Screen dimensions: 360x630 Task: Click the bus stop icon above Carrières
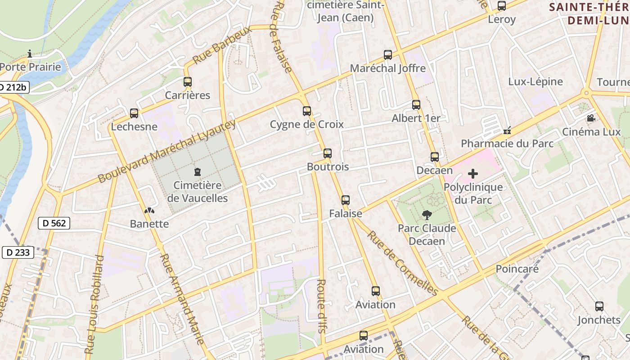click(188, 82)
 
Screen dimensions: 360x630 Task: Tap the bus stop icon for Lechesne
click(134, 113)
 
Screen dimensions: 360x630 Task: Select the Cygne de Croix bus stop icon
click(307, 111)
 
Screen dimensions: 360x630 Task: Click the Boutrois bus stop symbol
click(328, 153)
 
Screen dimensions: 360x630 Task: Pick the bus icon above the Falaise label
click(346, 200)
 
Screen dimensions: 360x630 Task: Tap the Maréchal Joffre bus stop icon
click(388, 55)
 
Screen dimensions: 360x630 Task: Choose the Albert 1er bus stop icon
click(416, 105)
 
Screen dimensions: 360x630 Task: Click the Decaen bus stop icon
click(435, 157)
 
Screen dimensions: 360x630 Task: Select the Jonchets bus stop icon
click(599, 306)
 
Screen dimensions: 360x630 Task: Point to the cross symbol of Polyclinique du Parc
click(473, 174)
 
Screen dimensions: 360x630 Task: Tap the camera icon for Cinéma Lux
click(591, 118)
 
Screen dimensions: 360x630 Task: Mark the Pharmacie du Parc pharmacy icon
click(507, 130)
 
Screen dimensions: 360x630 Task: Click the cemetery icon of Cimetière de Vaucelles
click(197, 172)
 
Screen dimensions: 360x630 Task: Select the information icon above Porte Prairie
click(30, 54)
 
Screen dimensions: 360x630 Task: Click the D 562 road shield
click(54, 223)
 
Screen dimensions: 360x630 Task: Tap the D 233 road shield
click(18, 252)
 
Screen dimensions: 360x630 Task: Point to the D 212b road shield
click(13, 87)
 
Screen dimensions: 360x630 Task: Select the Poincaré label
click(517, 269)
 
